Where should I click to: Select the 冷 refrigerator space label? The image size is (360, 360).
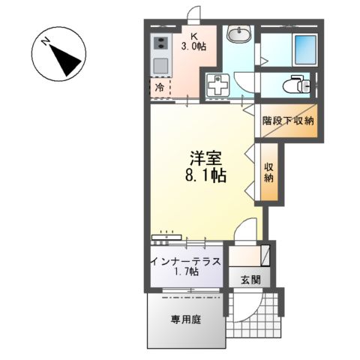pyautogui.click(x=160, y=88)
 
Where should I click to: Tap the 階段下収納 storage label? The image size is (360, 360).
pyautogui.click(x=288, y=121)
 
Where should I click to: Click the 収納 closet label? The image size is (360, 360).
pyautogui.click(x=268, y=172)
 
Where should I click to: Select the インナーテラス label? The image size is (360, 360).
pyautogui.click(x=185, y=262)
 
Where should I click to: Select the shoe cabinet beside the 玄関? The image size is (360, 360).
pyautogui.click(x=247, y=256)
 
